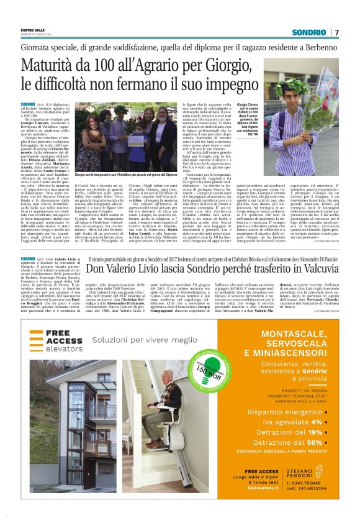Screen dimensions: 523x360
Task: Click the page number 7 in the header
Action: coord(336,32)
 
